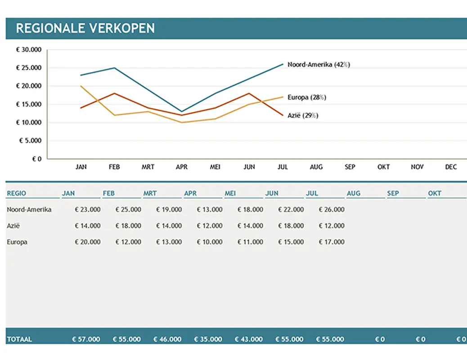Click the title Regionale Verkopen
click(x=85, y=28)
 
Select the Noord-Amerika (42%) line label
click(x=319, y=64)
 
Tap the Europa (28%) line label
click(x=306, y=97)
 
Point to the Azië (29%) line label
click(x=303, y=116)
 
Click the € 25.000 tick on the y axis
click(x=29, y=68)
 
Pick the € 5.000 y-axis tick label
click(x=31, y=140)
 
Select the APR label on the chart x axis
click(x=182, y=167)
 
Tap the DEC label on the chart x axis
click(x=451, y=167)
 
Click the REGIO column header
click(x=17, y=193)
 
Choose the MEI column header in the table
click(x=230, y=193)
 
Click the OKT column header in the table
click(x=435, y=193)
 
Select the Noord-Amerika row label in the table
click(x=29, y=210)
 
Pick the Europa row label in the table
click(x=17, y=242)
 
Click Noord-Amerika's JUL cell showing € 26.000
click(x=332, y=210)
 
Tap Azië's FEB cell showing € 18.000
click(x=128, y=226)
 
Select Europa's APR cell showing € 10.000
click(x=210, y=242)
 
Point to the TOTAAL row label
click(x=19, y=339)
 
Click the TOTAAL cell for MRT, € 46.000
click(x=167, y=339)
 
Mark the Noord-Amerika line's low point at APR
click(x=182, y=112)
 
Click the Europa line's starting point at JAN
click(x=81, y=86)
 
